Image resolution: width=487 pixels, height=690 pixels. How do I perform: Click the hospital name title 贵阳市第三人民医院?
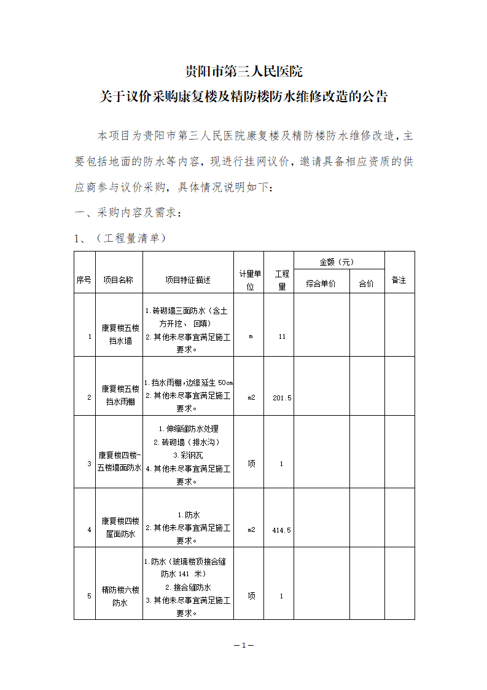pyautogui.click(x=244, y=72)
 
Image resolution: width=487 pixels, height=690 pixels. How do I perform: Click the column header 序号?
pyautogui.click(x=84, y=280)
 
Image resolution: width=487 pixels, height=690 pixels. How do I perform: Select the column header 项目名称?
pyautogui.click(x=118, y=280)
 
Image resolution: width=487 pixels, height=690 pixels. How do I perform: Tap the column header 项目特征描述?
pyautogui.click(x=188, y=280)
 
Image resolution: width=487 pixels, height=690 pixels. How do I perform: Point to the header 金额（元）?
pyautogui.click(x=337, y=262)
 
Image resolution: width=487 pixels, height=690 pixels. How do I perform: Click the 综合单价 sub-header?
pyautogui.click(x=321, y=284)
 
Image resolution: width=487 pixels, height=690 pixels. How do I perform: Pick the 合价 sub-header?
pyautogui.click(x=366, y=284)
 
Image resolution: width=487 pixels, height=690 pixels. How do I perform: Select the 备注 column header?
pyautogui.click(x=399, y=280)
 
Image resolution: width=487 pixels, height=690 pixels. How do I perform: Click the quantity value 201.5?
pyautogui.click(x=282, y=398)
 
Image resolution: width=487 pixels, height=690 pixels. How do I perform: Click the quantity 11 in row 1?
pyautogui.click(x=282, y=337)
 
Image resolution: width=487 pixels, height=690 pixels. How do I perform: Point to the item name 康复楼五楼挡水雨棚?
pyautogui.click(x=120, y=395)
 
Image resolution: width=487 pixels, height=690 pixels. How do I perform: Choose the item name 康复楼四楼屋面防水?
pyautogui.click(x=120, y=528)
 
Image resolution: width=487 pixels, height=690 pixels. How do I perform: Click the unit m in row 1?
pyautogui.click(x=251, y=337)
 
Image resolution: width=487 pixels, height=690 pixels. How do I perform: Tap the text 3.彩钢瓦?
pyautogui.click(x=188, y=455)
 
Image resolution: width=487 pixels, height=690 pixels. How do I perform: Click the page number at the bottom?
pyautogui.click(x=244, y=645)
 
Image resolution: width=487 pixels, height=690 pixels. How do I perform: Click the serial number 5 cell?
pyautogui.click(x=89, y=596)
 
